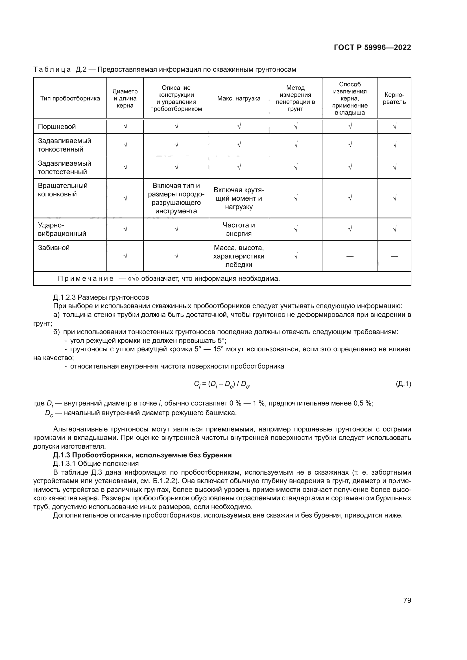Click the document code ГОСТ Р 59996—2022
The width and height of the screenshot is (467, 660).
[x=372, y=47]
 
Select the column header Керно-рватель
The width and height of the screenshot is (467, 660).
[x=394, y=98]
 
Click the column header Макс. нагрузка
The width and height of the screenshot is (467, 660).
[x=239, y=98]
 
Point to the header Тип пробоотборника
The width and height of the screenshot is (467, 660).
[x=70, y=98]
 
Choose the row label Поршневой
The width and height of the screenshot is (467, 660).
[x=57, y=127]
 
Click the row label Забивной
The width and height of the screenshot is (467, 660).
[x=54, y=247]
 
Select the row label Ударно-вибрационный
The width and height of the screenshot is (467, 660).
[x=62, y=229]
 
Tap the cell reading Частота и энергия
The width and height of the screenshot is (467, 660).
[x=239, y=229]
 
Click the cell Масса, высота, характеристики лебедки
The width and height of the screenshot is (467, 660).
[x=239, y=256]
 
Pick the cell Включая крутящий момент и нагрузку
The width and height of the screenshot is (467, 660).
[x=239, y=198]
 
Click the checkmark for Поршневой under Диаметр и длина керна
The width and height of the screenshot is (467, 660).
[x=125, y=126]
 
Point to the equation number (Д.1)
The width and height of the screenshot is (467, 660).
[x=403, y=384]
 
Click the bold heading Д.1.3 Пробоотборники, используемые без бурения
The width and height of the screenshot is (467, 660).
[x=142, y=455]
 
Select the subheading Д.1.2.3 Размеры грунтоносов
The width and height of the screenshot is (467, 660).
[x=101, y=297]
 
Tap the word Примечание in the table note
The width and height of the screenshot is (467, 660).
[x=86, y=279]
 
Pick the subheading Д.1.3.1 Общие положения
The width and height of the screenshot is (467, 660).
[x=96, y=463]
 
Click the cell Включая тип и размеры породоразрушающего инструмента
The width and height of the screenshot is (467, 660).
[x=176, y=198]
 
